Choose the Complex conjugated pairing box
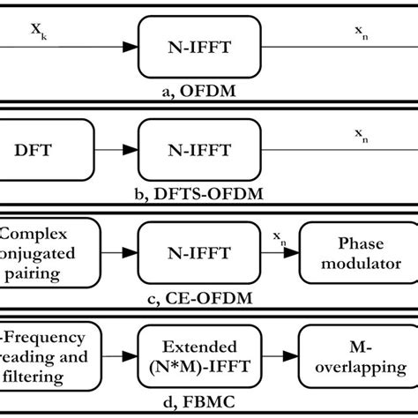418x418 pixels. pyautogui.click(x=49, y=254)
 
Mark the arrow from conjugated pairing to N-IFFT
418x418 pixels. pyautogui.click(x=120, y=254)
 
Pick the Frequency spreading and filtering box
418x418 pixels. pyautogui.click(x=49, y=357)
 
